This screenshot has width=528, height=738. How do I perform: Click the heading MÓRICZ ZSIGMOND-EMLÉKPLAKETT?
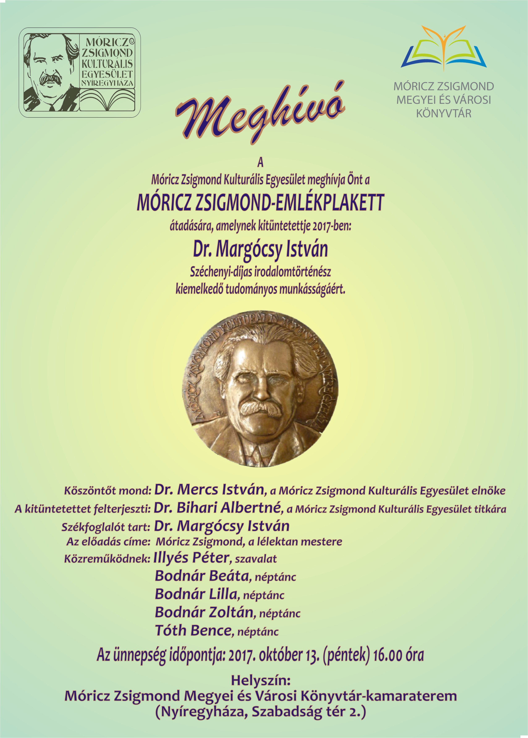coord(260,203)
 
